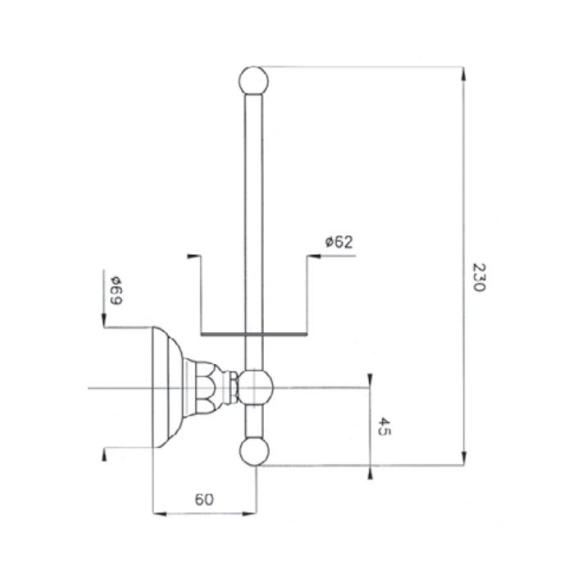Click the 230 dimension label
click(x=479, y=277)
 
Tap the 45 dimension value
click(x=384, y=426)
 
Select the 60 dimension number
click(x=204, y=499)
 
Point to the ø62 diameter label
click(x=339, y=242)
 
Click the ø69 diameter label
click(x=116, y=290)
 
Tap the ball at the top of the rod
click(x=253, y=80)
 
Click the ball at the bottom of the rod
click(x=254, y=451)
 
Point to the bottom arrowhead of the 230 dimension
click(x=463, y=458)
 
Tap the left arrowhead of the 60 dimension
click(x=160, y=514)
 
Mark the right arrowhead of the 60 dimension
click(x=249, y=514)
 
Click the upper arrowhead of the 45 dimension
click(x=370, y=380)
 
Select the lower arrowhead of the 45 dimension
click(x=370, y=472)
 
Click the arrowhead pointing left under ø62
click(x=314, y=256)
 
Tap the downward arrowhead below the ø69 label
click(x=103, y=320)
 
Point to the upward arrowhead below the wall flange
click(x=104, y=454)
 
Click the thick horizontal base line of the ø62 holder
click(x=253, y=335)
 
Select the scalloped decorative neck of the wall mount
click(x=207, y=388)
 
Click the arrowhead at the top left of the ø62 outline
click(x=194, y=256)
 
